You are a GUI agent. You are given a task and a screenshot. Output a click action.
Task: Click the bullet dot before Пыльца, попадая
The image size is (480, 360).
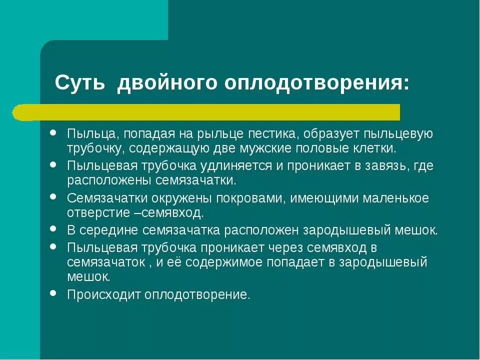53,133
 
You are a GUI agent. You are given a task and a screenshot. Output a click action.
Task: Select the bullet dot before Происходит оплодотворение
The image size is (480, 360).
53,293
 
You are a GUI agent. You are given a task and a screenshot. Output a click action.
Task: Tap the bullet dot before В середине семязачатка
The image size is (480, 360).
53,229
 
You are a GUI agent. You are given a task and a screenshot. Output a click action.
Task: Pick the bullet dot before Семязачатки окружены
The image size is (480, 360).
53,197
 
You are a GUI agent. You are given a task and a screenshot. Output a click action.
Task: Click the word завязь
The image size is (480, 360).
376,166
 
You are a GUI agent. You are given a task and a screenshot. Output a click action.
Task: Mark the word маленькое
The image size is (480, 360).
396,198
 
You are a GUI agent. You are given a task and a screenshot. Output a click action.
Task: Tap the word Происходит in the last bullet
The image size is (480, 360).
104,295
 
